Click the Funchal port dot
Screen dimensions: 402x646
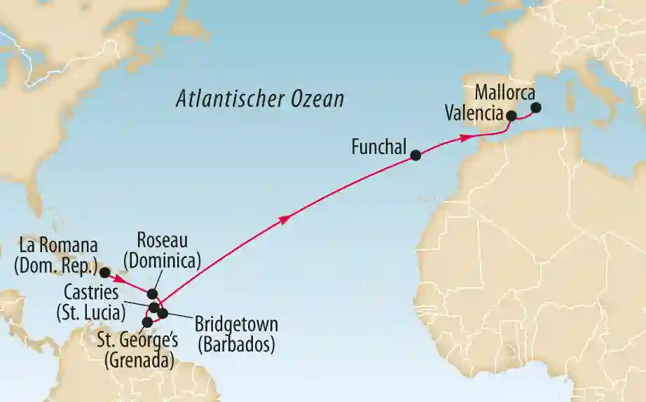(x=415, y=156)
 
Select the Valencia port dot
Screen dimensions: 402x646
(x=511, y=116)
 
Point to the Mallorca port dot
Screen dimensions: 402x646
(x=536, y=108)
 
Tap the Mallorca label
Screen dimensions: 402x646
(x=504, y=92)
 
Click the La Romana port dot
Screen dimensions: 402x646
(x=104, y=272)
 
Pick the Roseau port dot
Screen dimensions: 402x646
(x=153, y=294)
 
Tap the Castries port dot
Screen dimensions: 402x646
(x=153, y=307)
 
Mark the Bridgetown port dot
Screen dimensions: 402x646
(x=163, y=313)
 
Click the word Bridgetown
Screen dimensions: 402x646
(x=236, y=326)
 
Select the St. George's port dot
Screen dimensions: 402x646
(x=147, y=322)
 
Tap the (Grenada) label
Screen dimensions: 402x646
(x=139, y=362)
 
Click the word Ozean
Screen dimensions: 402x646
(x=315, y=99)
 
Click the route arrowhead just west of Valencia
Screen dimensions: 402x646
(x=464, y=138)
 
